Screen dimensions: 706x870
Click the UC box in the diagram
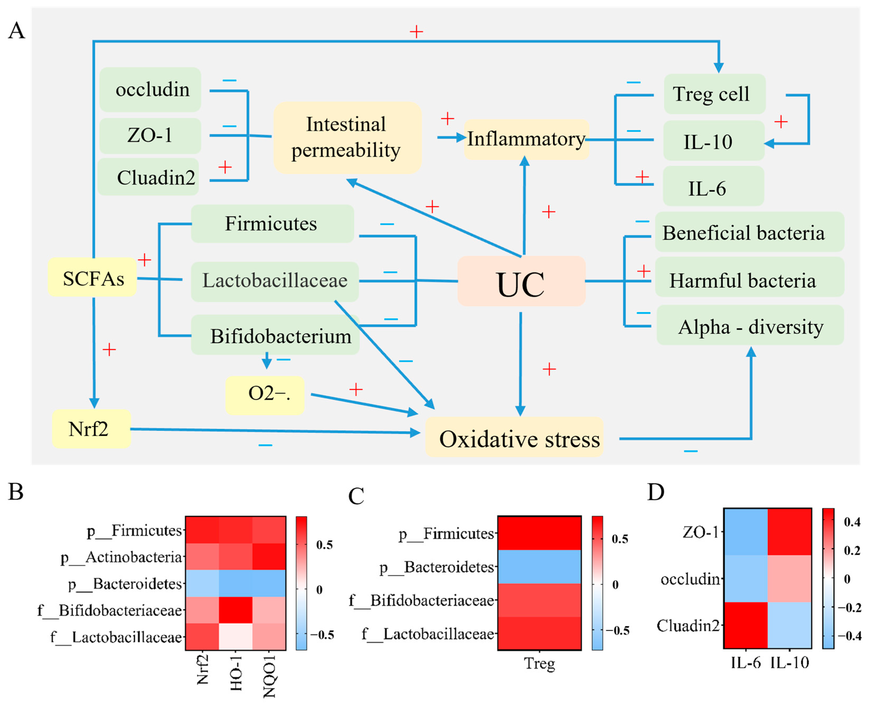521,281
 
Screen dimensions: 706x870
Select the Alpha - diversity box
750,326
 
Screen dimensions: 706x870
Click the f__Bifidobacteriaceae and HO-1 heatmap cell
236,610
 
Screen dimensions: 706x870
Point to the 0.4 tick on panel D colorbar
852,522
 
